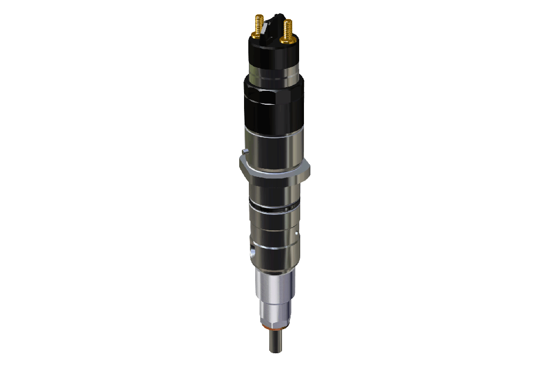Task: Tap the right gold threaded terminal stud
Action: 288,30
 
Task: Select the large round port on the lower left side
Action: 253,250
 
